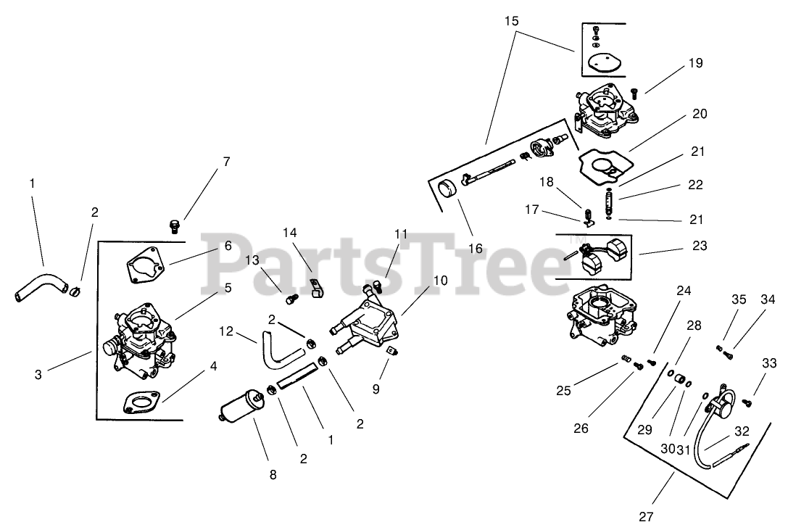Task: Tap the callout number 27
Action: [x=647, y=517]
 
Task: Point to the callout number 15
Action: [x=512, y=21]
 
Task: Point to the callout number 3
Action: [x=38, y=374]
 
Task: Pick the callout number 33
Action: [x=768, y=363]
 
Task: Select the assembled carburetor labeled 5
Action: [x=141, y=337]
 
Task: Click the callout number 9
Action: [x=376, y=389]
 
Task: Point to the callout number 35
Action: [x=738, y=298]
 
